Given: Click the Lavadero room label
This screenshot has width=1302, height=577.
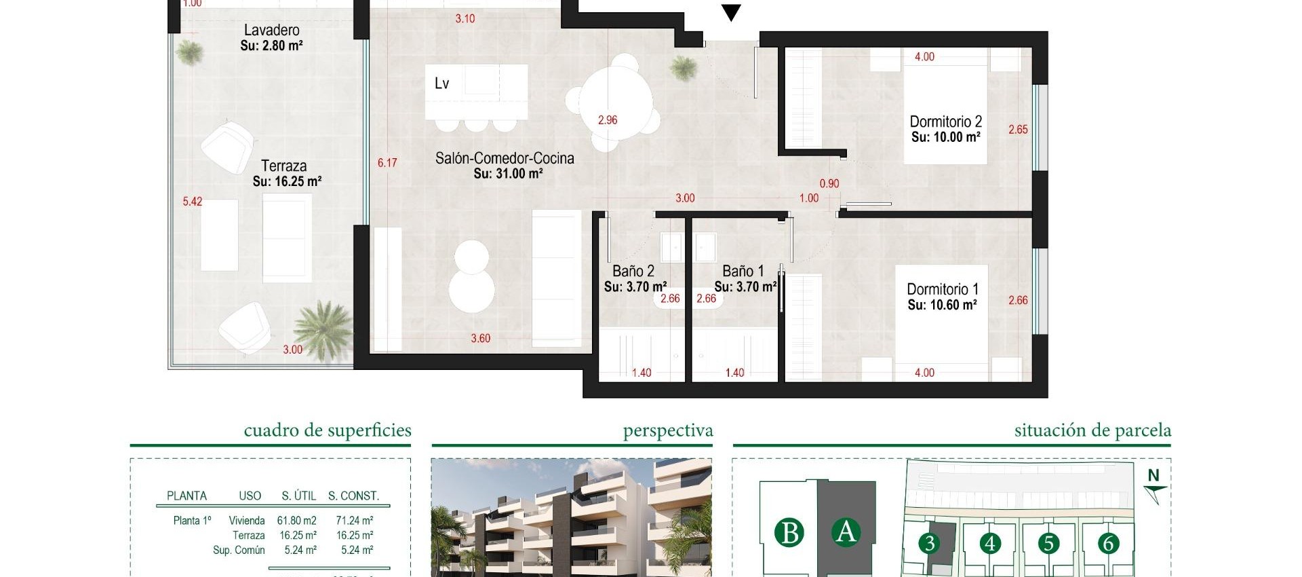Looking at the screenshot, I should pos(271,30).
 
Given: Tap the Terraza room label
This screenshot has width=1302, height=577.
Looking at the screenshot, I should pos(284,166).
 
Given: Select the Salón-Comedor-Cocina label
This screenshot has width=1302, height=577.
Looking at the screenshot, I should pos(505,158).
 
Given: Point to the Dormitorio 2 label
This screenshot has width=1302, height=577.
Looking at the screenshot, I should pos(945,122).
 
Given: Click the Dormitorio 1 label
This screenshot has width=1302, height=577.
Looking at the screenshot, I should pos(942,290).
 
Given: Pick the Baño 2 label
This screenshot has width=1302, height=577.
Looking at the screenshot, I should pos(633,272).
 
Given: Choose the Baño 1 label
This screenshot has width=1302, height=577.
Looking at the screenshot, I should pos(743,272).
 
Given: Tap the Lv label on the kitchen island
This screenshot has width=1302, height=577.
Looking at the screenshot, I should pos(442,83).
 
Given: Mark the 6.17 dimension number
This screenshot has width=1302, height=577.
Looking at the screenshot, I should pos(387,163).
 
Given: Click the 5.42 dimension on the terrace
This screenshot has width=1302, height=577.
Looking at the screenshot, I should pos(193,202).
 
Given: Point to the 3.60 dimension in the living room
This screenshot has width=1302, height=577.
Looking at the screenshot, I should pos(480,338).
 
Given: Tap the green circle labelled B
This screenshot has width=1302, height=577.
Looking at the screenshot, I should pos(789,533).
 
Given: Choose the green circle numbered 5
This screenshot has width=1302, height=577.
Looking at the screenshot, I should pos(1048,543).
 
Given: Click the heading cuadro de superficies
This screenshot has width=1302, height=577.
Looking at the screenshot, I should pos(328,430).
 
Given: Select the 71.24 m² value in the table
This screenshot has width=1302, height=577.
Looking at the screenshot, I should pos(354,521).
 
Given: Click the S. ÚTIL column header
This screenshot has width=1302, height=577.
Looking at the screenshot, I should pos(299,496).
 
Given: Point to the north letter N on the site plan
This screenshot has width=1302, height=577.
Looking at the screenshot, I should pos(1153,476).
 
